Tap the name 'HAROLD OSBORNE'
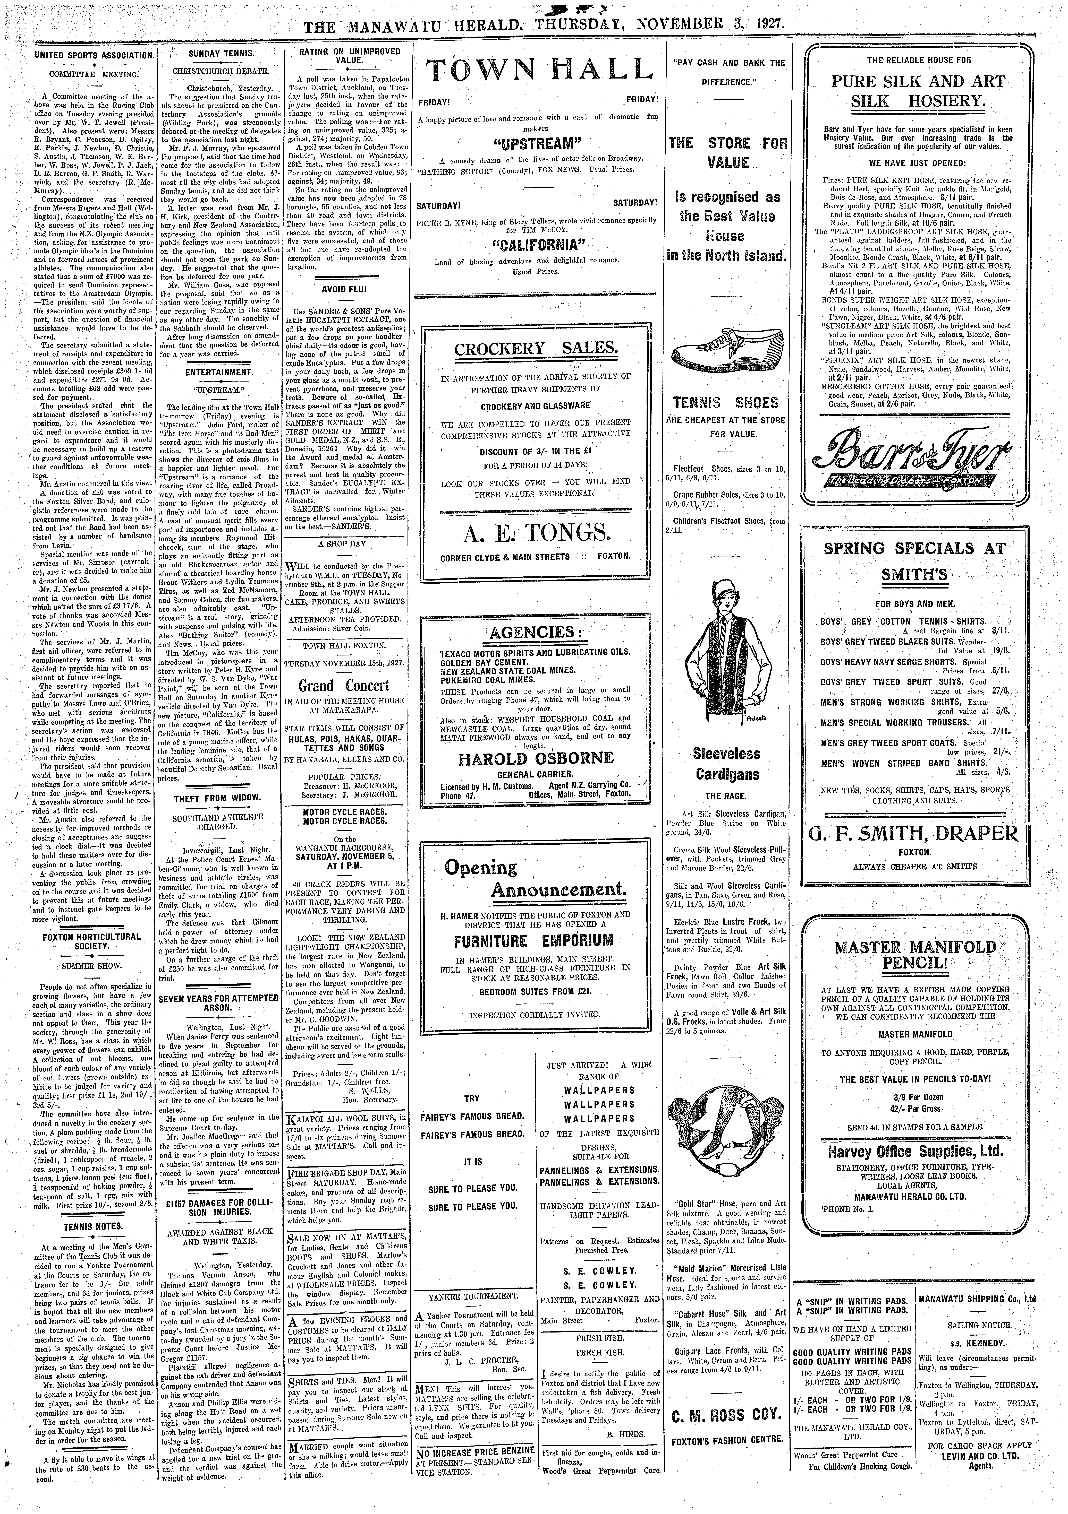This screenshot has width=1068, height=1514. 536,758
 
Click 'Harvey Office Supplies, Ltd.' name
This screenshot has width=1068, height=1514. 915,1151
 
